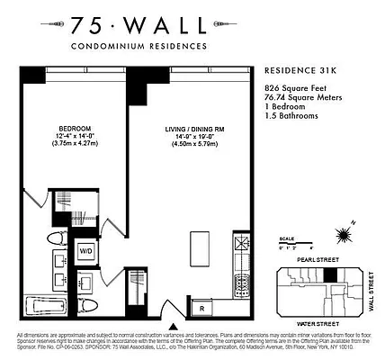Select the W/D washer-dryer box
88,249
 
